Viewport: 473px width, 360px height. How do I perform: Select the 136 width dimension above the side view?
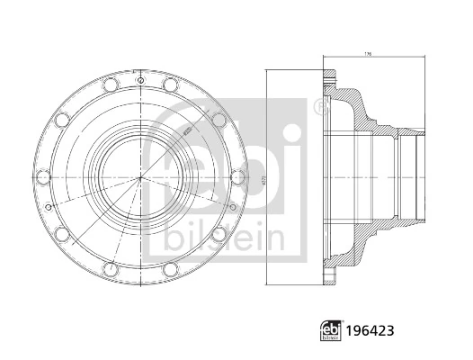pos(368,53)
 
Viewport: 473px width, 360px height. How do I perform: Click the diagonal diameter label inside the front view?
pos(186,129)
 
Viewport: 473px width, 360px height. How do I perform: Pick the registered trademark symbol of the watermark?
pos(318,107)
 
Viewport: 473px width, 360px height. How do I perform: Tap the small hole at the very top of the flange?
pos(139,78)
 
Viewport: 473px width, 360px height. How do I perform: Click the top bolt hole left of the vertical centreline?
pos(110,85)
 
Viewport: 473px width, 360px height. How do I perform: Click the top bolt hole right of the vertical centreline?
pos(170,85)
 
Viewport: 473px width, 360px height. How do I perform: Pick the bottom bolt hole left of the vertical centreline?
pos(110,269)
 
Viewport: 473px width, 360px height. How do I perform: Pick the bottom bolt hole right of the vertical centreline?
pos(170,269)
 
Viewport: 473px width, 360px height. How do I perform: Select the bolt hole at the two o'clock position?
pos(219,120)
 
